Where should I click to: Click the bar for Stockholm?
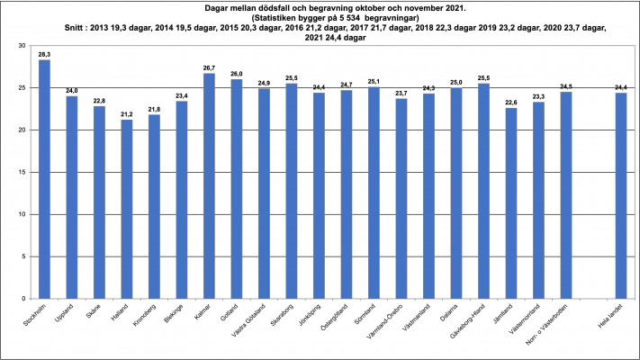[x=44, y=179]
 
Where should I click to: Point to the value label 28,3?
[x=44, y=54]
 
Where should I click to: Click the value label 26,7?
[x=209, y=67]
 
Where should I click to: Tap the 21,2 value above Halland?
[x=127, y=113]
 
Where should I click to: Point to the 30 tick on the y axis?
[x=20, y=46]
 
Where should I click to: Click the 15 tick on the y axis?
[x=20, y=172]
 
